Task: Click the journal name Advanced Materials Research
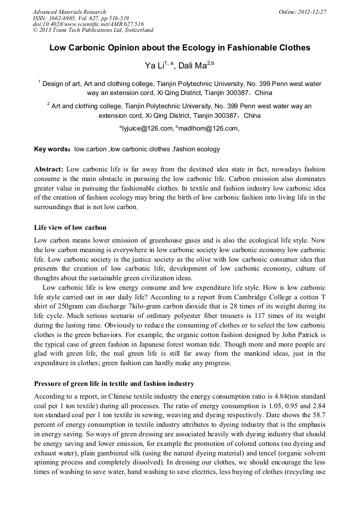(x=69, y=12)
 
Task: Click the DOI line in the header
(x=88, y=24)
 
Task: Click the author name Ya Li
(x=153, y=66)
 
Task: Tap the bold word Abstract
(x=49, y=169)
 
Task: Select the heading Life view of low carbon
(x=70, y=228)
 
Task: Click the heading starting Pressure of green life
(x=114, y=383)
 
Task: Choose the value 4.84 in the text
(x=279, y=396)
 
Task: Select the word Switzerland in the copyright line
(x=135, y=31)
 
